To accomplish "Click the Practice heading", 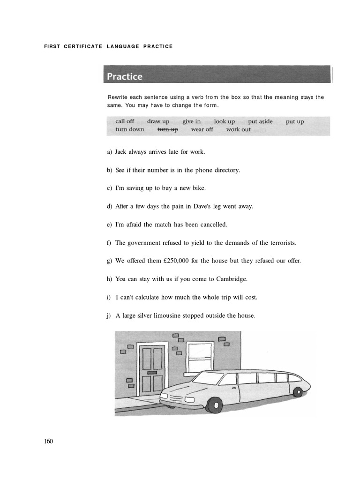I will (125, 76).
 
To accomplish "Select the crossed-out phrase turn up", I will (167, 129).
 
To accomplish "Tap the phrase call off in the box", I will (125, 121).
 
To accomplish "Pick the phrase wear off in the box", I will (202, 129).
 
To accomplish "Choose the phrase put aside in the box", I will (260, 121).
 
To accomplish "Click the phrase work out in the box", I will (238, 129).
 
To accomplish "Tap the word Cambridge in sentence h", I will (231, 279).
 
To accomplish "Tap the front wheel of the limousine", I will (214, 404).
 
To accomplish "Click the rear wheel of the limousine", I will (297, 392).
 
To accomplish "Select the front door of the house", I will (152, 370).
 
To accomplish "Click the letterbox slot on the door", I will (152, 372).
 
